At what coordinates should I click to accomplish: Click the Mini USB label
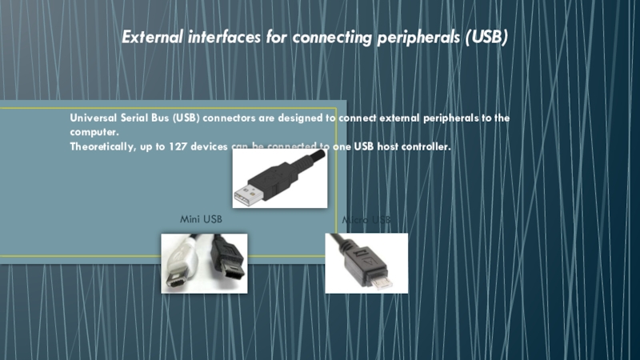(x=200, y=218)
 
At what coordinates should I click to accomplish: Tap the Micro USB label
(x=366, y=219)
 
